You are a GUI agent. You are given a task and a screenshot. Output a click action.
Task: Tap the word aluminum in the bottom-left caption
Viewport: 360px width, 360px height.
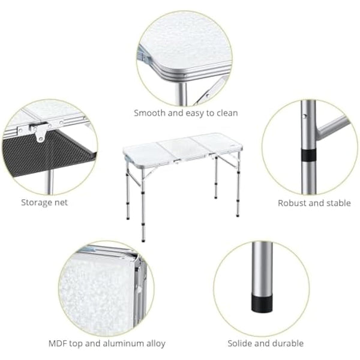(x=124, y=344)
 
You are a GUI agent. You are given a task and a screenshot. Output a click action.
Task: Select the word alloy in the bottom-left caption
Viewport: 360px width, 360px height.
(x=154, y=344)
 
